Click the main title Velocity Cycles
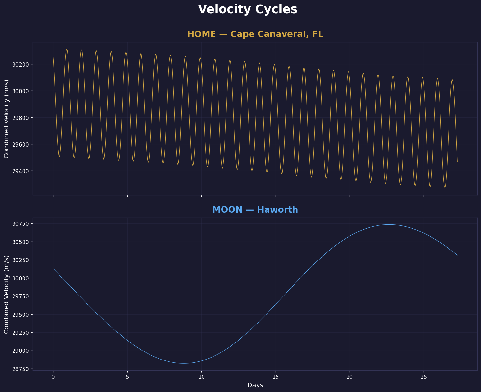click(248, 9)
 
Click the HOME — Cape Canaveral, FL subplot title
click(255, 34)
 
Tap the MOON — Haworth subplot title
click(255, 210)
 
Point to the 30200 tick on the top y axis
click(21, 64)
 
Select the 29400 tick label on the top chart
click(21, 171)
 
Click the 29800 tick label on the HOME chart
click(21, 118)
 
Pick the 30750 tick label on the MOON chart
click(21, 224)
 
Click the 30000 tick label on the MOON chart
click(21, 278)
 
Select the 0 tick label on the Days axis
click(53, 377)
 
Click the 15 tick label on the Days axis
click(276, 377)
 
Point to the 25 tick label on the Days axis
click(424, 377)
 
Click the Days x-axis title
click(255, 385)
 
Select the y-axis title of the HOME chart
click(6, 119)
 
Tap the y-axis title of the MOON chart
click(6, 294)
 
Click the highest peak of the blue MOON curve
click(389, 224)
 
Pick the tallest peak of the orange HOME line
click(67, 49)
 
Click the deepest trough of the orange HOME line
click(445, 187)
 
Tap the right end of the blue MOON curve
click(457, 255)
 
